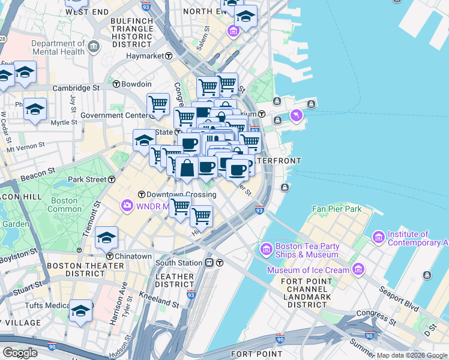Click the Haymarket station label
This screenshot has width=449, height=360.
[145, 56]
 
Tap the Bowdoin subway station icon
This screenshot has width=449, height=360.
[116, 84]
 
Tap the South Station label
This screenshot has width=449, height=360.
[179, 262]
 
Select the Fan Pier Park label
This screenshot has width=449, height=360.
[337, 209]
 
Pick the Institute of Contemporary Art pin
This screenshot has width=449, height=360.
[379, 238]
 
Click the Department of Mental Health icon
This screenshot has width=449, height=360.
[94, 47]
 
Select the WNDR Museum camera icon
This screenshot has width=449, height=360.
[127, 206]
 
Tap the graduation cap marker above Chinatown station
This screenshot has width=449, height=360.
[106, 238]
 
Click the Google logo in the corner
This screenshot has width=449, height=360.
[20, 353]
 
